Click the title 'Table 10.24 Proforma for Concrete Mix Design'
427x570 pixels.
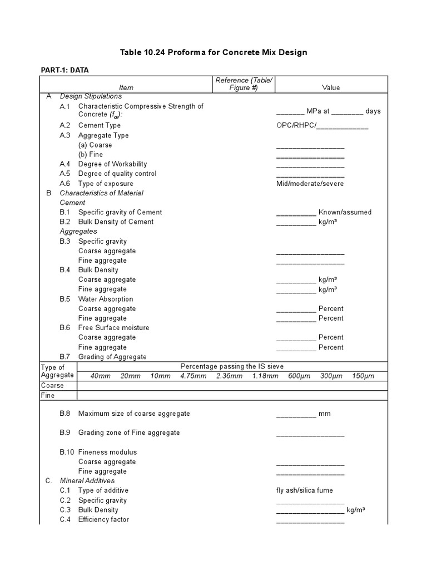pyautogui.click(x=213, y=52)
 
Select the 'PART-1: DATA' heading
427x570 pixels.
pyautogui.click(x=64, y=70)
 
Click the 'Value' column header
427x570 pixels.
pyautogui.click(x=331, y=87)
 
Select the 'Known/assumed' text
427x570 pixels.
pyautogui.click(x=345, y=212)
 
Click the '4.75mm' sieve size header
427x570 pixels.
pyautogui.click(x=192, y=376)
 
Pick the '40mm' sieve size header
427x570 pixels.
pyautogui.click(x=100, y=376)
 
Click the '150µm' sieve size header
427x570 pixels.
pyautogui.click(x=363, y=376)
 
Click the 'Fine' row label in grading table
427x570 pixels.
pyautogui.click(x=48, y=395)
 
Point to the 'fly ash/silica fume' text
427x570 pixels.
pyautogui.click(x=305, y=490)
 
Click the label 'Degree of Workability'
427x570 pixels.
pyautogui.click(x=112, y=164)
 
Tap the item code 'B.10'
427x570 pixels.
pyautogui.click(x=67, y=452)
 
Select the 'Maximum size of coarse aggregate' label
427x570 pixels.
pyautogui.click(x=134, y=414)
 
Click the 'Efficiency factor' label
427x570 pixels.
pyautogui.click(x=103, y=519)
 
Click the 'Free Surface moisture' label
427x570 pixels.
pyautogui.click(x=113, y=328)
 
